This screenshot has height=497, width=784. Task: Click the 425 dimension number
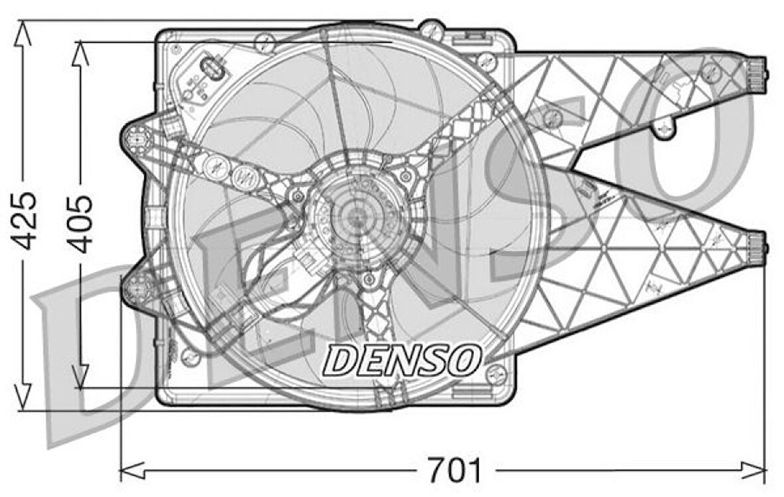25,221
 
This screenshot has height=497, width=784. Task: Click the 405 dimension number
80,223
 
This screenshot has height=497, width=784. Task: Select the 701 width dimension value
454,470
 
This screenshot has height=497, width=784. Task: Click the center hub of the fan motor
357,217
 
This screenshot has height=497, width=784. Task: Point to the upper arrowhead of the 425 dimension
23,33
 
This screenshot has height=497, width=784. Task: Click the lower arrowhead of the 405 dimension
80,376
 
